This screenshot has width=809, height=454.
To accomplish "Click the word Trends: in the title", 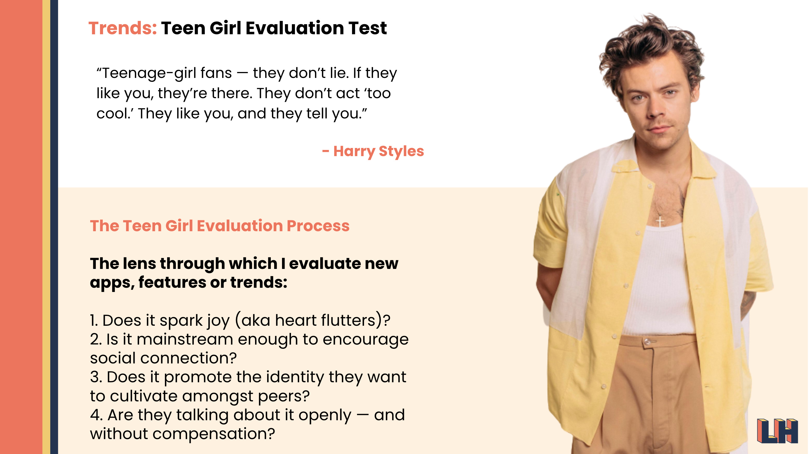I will (x=122, y=28).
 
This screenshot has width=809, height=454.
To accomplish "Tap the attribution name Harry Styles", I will (x=378, y=151).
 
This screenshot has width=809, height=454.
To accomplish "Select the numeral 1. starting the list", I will (x=94, y=321).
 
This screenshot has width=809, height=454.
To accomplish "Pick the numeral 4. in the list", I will (x=96, y=415).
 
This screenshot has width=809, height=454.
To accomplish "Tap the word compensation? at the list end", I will (x=213, y=434).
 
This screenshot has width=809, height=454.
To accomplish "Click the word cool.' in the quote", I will (x=114, y=114).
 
